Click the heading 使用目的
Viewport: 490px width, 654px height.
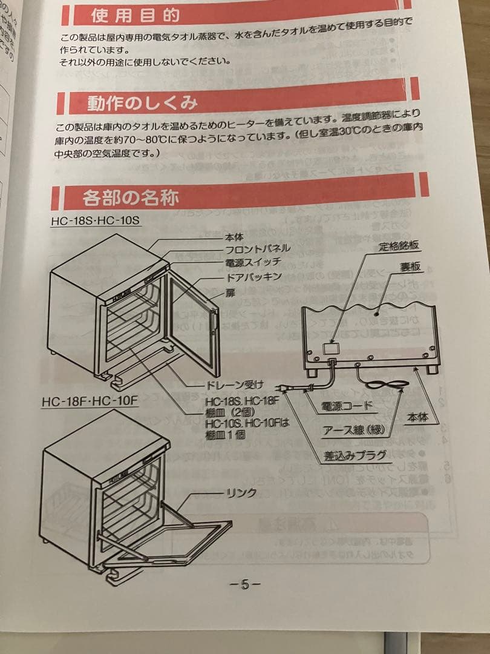[136, 15]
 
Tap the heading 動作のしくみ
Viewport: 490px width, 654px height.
[143, 102]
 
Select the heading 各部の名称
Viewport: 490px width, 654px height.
[131, 197]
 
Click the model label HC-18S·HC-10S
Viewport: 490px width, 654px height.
[88, 221]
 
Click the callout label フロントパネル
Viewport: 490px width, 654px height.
[258, 249]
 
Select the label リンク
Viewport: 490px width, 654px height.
[240, 493]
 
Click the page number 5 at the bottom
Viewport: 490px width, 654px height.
[245, 584]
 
